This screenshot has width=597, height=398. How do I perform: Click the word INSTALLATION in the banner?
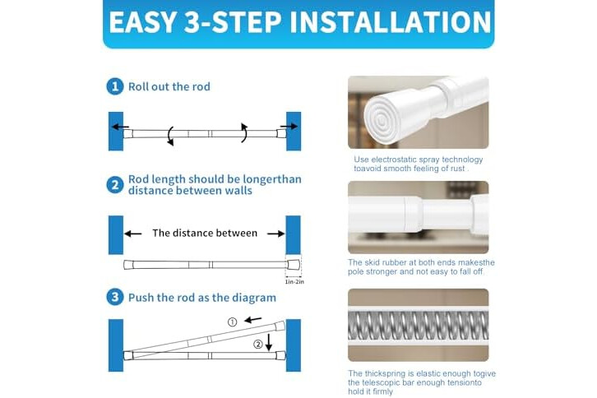point(391,21)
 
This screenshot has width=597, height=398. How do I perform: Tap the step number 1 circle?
point(115,86)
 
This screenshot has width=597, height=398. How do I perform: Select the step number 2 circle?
point(115,185)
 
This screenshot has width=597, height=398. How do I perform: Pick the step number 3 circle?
point(115,297)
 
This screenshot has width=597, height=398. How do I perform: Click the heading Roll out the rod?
point(169,87)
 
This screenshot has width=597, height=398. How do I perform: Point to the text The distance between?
point(205,233)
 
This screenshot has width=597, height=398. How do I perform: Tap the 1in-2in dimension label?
point(294,282)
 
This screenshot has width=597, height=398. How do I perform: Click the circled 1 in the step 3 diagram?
point(232,322)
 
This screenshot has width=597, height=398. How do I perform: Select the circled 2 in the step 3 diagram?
point(258,345)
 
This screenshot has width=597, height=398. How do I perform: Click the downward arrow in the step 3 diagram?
point(269,342)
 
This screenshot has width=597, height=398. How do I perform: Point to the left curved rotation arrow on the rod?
point(170,136)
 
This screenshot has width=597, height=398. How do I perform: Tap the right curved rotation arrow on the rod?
point(244,132)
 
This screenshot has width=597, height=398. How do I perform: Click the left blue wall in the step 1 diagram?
point(116,131)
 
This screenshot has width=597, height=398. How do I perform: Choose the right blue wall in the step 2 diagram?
point(294,235)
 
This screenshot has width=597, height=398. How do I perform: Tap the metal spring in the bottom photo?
point(418,326)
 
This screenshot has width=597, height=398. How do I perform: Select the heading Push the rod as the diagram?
point(202,298)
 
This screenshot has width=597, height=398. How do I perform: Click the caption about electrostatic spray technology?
point(418,164)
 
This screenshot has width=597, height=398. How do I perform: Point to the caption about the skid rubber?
point(421,267)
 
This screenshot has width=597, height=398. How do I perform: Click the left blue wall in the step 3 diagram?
point(116,345)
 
